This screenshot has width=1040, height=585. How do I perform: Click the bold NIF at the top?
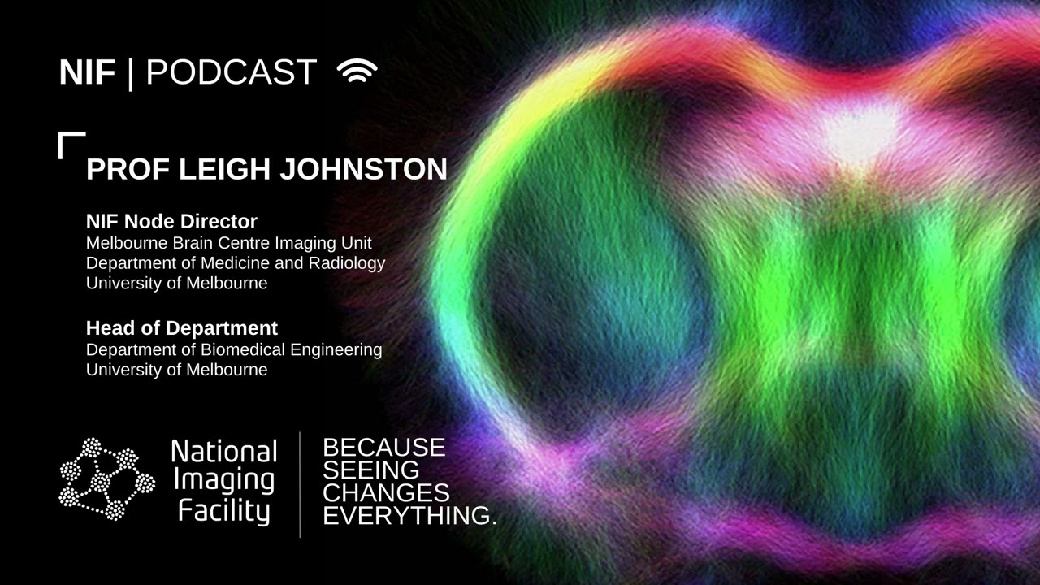coord(87,72)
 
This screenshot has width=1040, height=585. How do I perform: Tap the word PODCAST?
coord(232,72)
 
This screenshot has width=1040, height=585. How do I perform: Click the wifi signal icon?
coord(357,70)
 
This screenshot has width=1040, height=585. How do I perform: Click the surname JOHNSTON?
coord(363,169)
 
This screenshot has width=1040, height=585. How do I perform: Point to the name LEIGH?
coord(224,169)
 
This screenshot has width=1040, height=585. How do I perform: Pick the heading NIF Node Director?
coord(171,222)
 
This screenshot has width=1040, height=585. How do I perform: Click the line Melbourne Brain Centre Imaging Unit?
coord(229,243)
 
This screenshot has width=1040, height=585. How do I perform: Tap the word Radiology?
coord(347,263)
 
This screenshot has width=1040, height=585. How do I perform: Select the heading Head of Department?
coord(181,328)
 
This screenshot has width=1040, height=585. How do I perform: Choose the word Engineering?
coord(336,350)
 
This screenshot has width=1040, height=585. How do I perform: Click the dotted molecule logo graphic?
coord(106,479)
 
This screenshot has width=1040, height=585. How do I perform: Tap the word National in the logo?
coord(224,451)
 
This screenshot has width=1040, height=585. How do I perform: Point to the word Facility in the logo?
coord(223,512)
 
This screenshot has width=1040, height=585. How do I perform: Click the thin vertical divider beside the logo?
coord(300,485)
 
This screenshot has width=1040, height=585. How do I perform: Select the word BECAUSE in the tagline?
coord(384,448)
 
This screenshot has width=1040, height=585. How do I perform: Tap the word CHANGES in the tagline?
coord(386,492)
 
